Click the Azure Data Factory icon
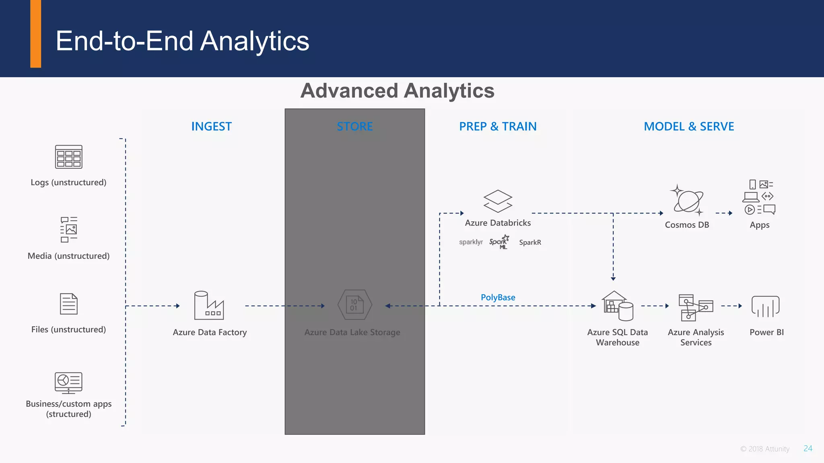point(209,305)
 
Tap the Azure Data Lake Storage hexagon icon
point(354,305)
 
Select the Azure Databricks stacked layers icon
point(498,201)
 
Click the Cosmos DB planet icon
point(687,200)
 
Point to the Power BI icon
point(765,307)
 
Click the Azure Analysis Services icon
point(696,307)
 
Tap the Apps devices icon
point(759,197)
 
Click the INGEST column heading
point(211,127)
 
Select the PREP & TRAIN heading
point(498,127)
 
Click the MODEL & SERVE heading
point(689,127)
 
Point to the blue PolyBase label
point(498,297)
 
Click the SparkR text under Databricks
point(530,242)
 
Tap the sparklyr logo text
point(471,242)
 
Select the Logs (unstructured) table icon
point(69,157)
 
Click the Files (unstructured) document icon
point(69,304)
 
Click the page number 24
point(808,449)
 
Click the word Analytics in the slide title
point(254,41)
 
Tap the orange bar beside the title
point(36,34)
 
